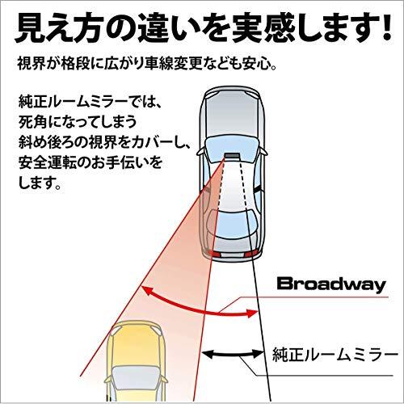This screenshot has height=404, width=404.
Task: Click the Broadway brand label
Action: tap(331, 285)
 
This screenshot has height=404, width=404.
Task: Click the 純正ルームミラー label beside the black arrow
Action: tap(335, 355)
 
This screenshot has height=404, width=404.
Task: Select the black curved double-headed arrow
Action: tap(232, 355)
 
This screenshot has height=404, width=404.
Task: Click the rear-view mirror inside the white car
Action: tap(232, 156)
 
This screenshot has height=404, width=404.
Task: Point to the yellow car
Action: tap(136, 362)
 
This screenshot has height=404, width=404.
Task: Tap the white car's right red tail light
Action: tap(250, 253)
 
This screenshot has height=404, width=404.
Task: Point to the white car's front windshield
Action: tap(231, 147)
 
